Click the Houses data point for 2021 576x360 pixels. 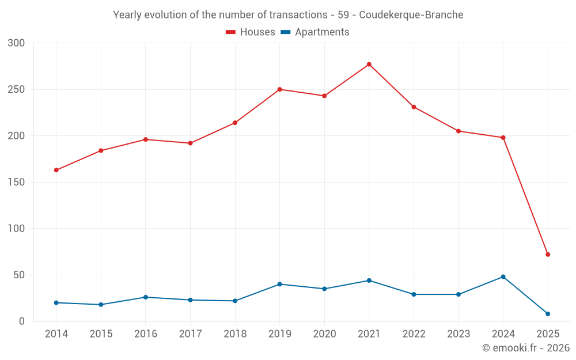(x=369, y=65)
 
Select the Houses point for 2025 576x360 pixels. (x=548, y=255)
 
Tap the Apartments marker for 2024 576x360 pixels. (x=503, y=277)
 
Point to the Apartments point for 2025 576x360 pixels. (x=548, y=314)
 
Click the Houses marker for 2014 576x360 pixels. (x=56, y=170)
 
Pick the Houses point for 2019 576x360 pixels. (x=280, y=89)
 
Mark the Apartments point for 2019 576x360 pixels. (x=280, y=284)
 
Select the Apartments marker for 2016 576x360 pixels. (x=146, y=297)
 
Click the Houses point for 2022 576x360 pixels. (x=414, y=107)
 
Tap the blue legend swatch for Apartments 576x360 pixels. (x=285, y=32)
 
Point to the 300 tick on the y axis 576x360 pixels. (x=17, y=43)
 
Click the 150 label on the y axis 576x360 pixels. (x=17, y=183)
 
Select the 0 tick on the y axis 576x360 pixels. (x=22, y=321)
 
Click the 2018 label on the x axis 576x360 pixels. (x=235, y=334)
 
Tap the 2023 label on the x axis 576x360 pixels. (x=458, y=334)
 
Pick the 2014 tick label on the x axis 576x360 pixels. (x=56, y=334)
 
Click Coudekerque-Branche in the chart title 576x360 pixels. (x=411, y=15)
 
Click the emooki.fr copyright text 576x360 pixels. (x=525, y=348)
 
